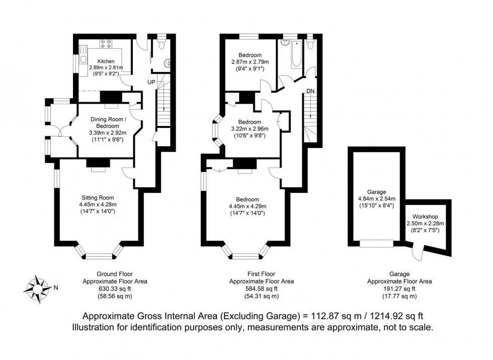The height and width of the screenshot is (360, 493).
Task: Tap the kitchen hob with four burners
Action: (x=107, y=43)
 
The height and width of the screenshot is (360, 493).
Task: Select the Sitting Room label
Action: (x=98, y=197)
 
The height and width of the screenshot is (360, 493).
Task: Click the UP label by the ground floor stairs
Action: (x=151, y=82)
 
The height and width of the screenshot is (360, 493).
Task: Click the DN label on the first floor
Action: (x=310, y=91)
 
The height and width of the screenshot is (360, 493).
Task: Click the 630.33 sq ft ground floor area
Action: (x=115, y=289)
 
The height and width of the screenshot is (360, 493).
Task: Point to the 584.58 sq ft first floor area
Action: (x=261, y=289)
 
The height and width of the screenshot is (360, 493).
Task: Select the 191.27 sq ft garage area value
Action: (x=399, y=289)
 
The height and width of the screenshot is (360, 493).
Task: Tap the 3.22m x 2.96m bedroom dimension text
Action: (x=250, y=128)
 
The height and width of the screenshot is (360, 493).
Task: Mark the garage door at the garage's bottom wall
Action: (x=377, y=243)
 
